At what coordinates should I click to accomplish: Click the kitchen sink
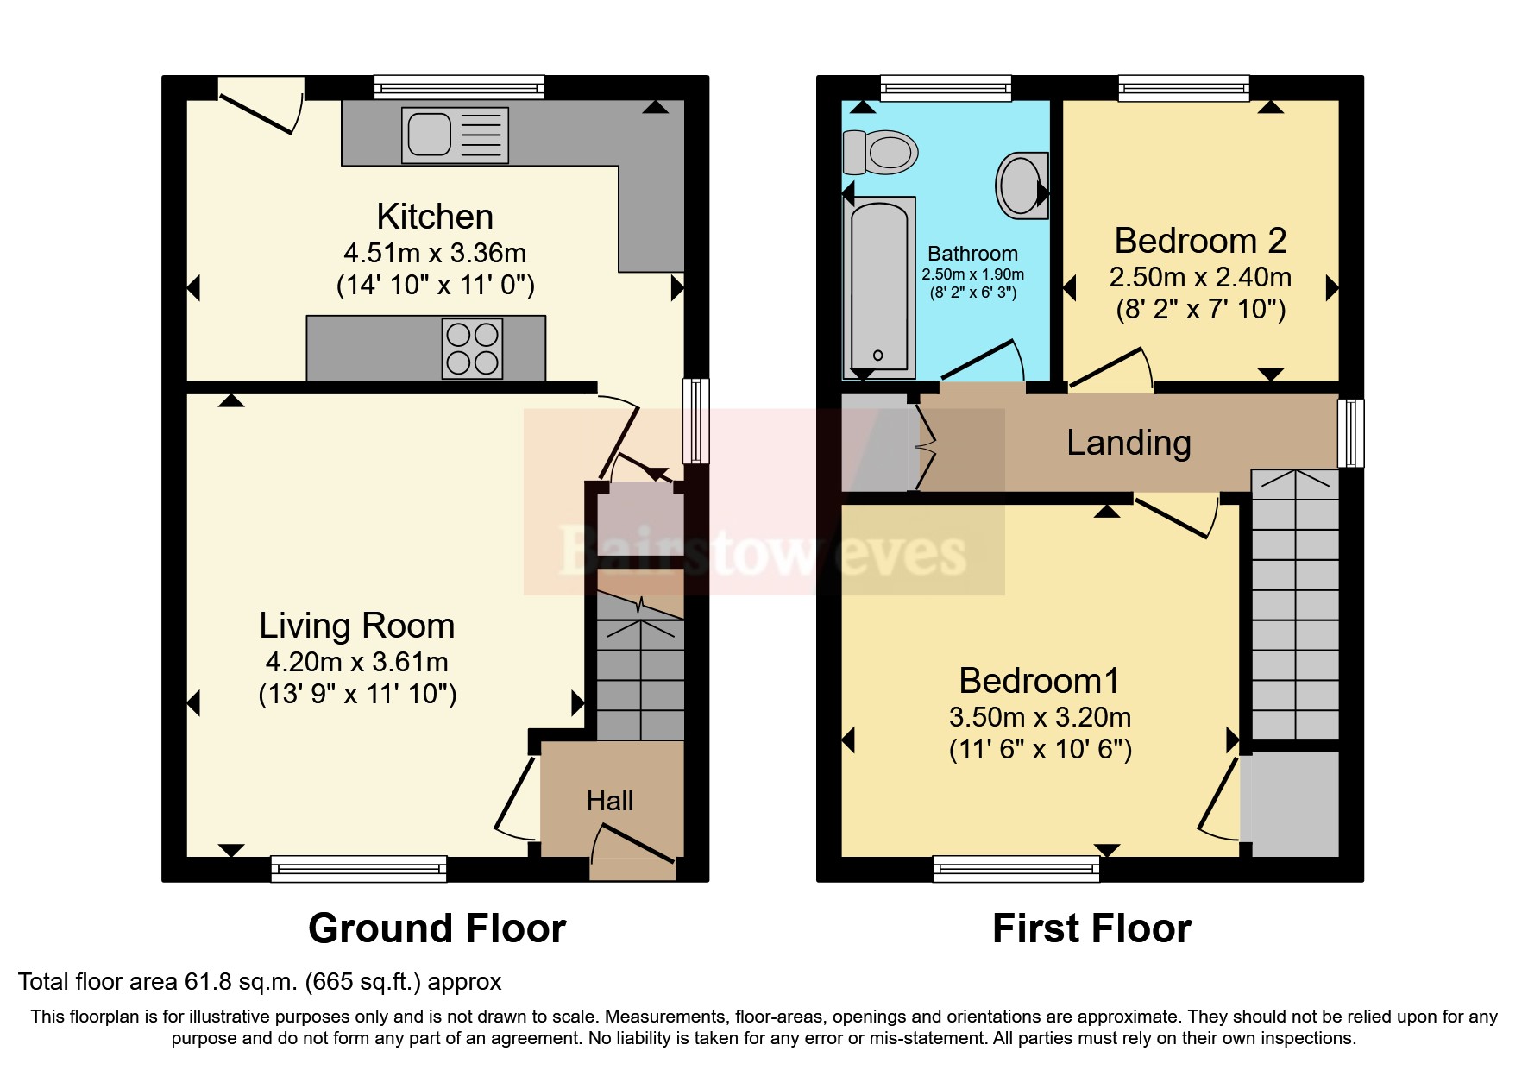455,135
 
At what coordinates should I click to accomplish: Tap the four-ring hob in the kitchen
472,349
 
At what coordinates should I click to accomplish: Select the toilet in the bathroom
880,153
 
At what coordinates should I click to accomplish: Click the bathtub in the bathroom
879,286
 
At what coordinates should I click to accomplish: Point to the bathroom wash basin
1022,185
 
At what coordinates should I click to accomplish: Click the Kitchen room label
435,217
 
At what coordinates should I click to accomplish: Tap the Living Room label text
357,626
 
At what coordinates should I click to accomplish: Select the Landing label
1129,443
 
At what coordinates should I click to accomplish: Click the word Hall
609,801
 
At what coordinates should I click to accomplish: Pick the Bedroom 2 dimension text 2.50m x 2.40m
1200,277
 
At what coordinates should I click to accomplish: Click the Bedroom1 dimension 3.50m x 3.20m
1040,717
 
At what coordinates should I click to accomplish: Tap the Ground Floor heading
437,928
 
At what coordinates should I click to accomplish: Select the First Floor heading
1091,928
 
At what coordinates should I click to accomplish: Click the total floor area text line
260,982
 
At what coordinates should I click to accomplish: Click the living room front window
359,868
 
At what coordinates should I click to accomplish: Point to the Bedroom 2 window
1183,86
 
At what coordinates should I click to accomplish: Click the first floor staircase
1294,604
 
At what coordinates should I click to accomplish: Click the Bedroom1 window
1016,868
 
